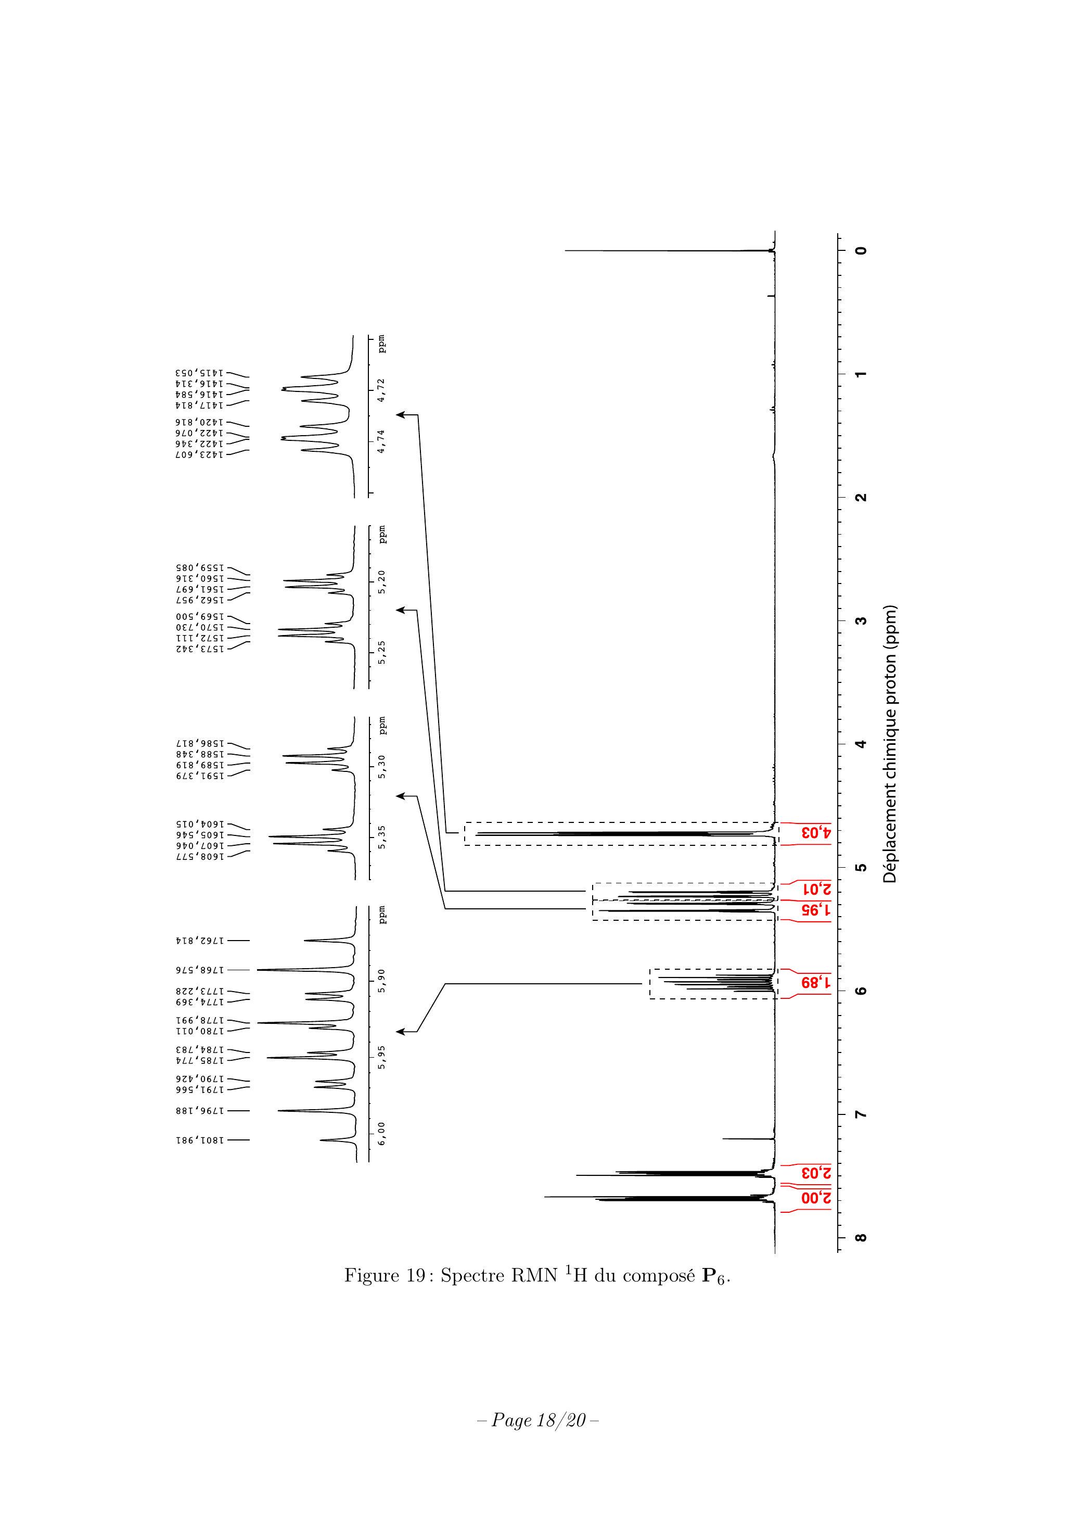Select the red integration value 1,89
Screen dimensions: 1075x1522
pyautogui.click(x=816, y=984)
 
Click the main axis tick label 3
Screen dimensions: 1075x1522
pyautogui.click(x=861, y=621)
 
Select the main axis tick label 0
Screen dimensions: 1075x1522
pyautogui.click(x=861, y=250)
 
